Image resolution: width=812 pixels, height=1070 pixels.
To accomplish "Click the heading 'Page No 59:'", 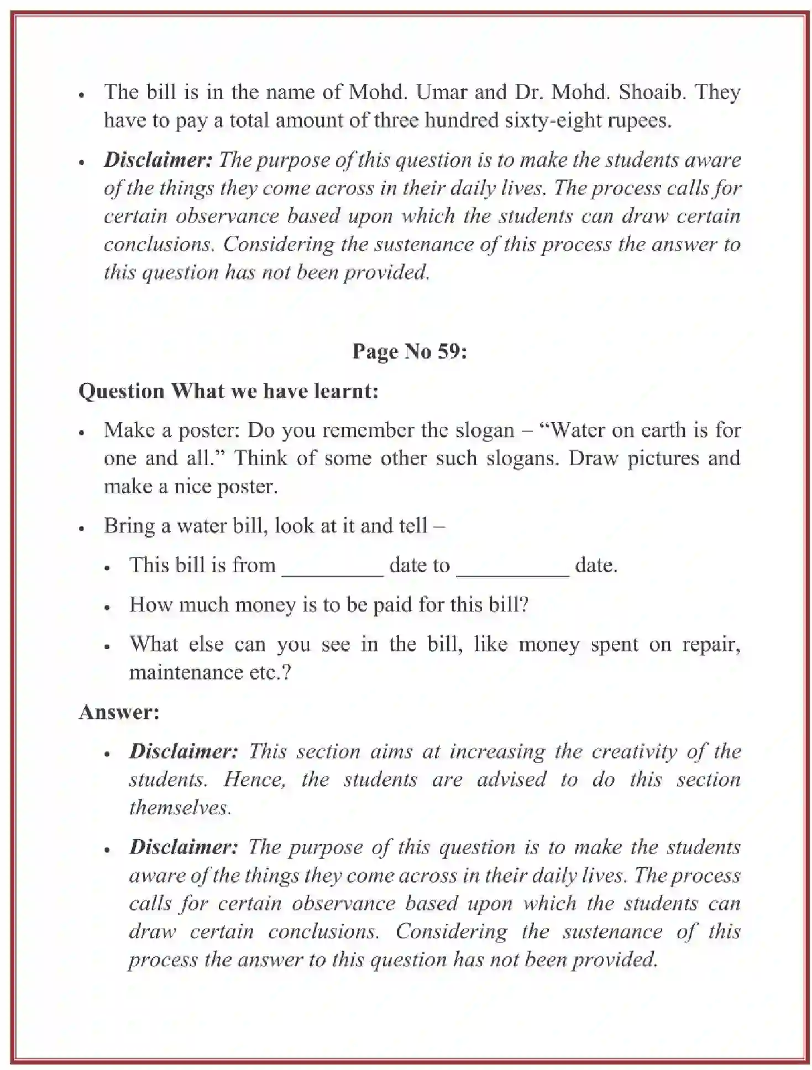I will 410,351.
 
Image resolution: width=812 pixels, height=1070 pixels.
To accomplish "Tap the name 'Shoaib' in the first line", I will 652,92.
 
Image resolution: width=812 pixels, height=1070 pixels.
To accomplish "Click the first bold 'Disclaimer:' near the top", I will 158,160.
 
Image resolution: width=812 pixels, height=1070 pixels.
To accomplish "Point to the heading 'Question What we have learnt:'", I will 228,391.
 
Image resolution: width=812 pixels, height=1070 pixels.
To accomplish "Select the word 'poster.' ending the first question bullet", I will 246,487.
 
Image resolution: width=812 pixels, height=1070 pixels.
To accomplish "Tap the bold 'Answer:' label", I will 119,712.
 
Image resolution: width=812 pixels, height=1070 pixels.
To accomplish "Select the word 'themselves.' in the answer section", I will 180,808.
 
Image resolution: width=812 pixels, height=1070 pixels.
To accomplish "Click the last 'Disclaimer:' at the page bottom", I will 184,847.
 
